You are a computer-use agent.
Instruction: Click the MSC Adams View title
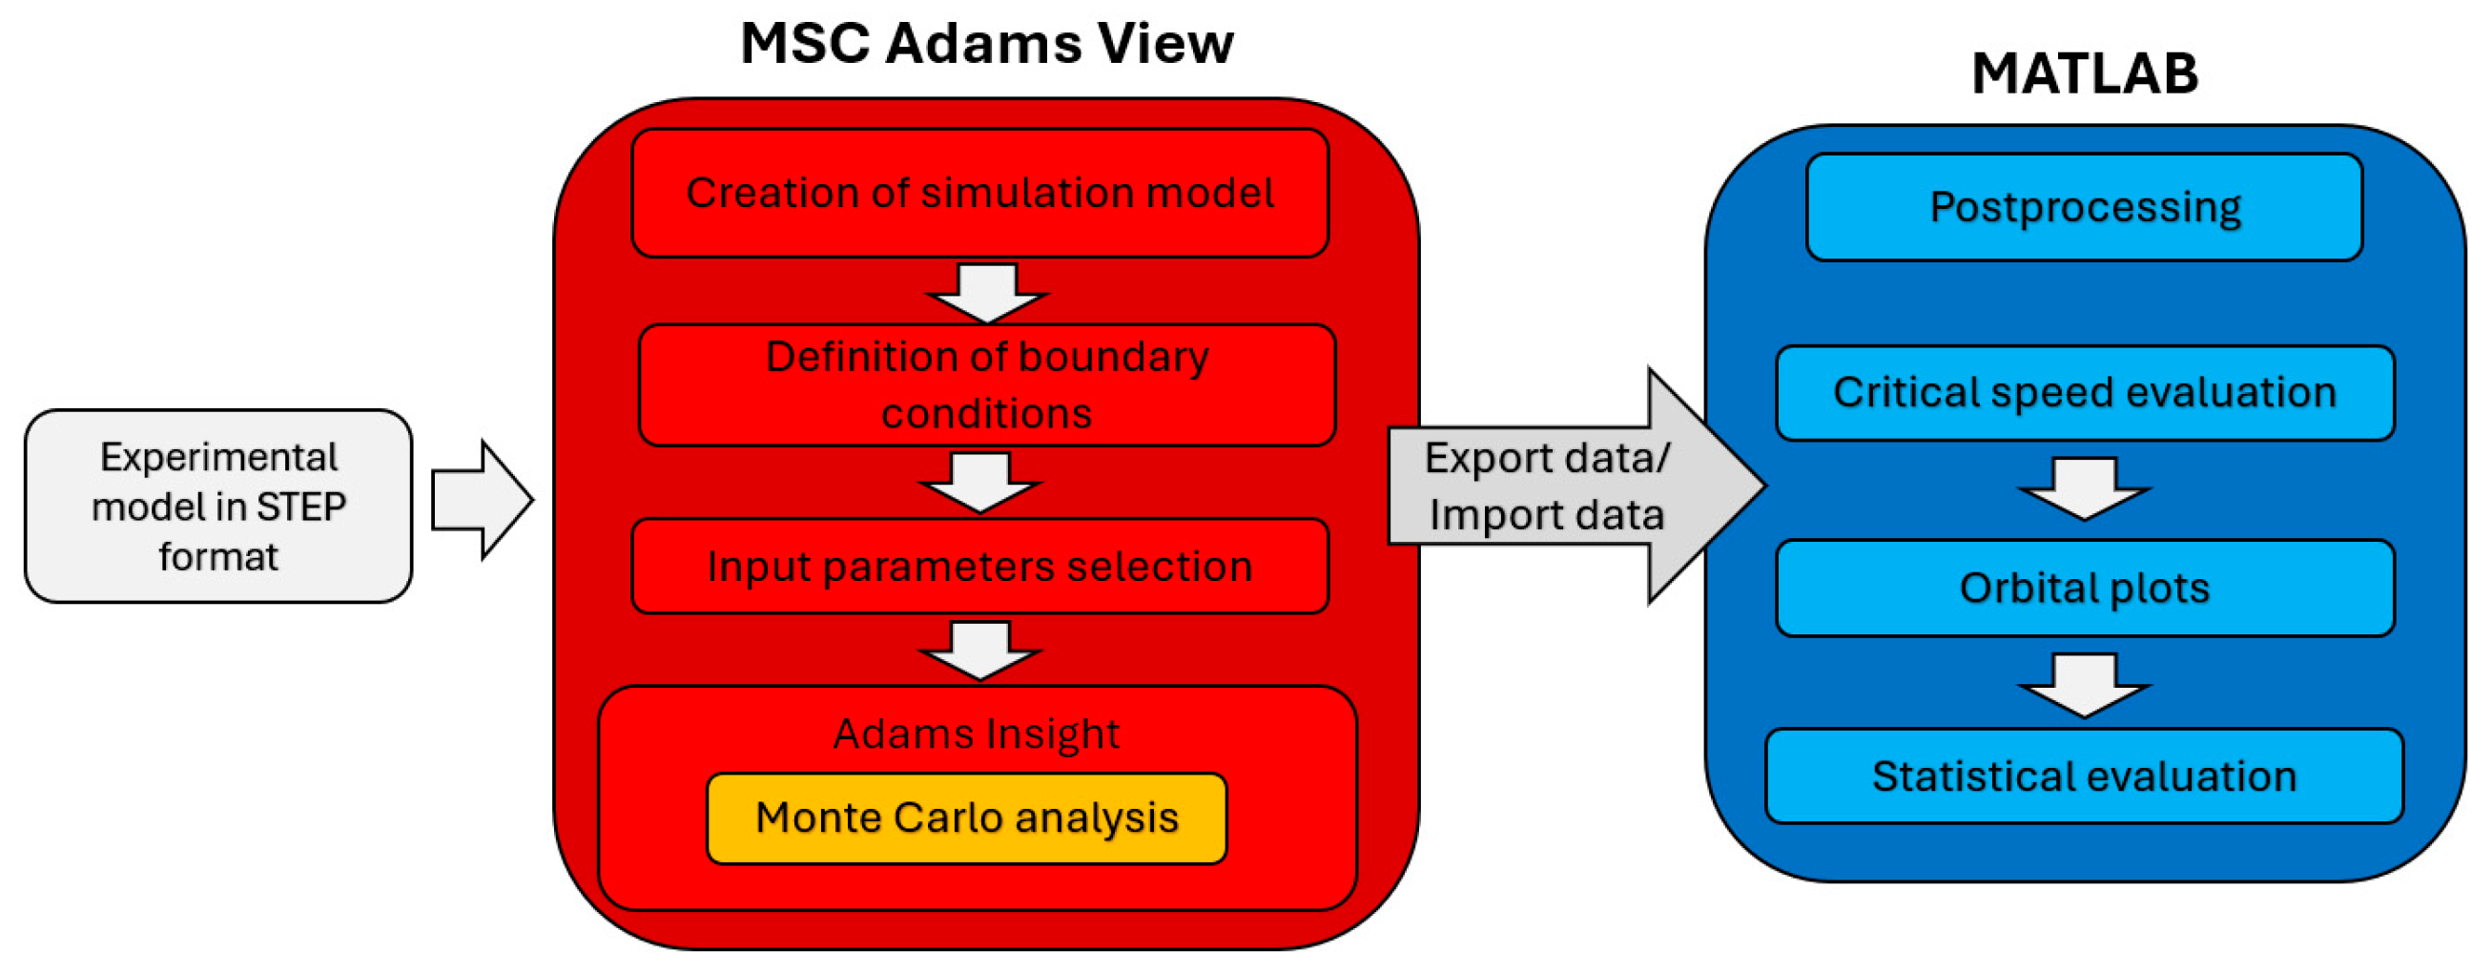pyautogui.click(x=987, y=44)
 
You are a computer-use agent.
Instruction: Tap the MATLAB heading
pyautogui.click(x=2085, y=73)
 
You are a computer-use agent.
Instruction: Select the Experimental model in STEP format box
pyautogui.click(x=218, y=506)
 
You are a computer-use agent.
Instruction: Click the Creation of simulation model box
pyautogui.click(x=980, y=194)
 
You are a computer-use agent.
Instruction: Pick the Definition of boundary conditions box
pyautogui.click(x=987, y=385)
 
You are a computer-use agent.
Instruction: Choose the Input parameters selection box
pyautogui.click(x=980, y=566)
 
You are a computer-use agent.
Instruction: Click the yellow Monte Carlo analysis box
pyautogui.click(x=966, y=818)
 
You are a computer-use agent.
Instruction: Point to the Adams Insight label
pyautogui.click(x=976, y=734)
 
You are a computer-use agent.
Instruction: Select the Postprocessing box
pyautogui.click(x=2085, y=207)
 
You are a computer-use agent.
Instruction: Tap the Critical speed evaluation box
pyautogui.click(x=2085, y=393)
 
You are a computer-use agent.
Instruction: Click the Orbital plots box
pyautogui.click(x=2085, y=588)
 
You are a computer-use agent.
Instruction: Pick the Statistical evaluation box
pyautogui.click(x=2085, y=776)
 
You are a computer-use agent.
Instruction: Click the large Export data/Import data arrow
pyautogui.click(x=1576, y=486)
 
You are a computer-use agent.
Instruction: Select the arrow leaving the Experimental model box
pyautogui.click(x=482, y=500)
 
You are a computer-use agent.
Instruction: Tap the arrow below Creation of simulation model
pyautogui.click(x=987, y=293)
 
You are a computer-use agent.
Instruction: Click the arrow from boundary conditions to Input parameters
pyautogui.click(x=980, y=483)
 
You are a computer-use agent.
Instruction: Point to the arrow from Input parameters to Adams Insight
pyautogui.click(x=980, y=651)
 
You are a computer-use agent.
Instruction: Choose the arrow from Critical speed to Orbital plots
pyautogui.click(x=2085, y=489)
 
